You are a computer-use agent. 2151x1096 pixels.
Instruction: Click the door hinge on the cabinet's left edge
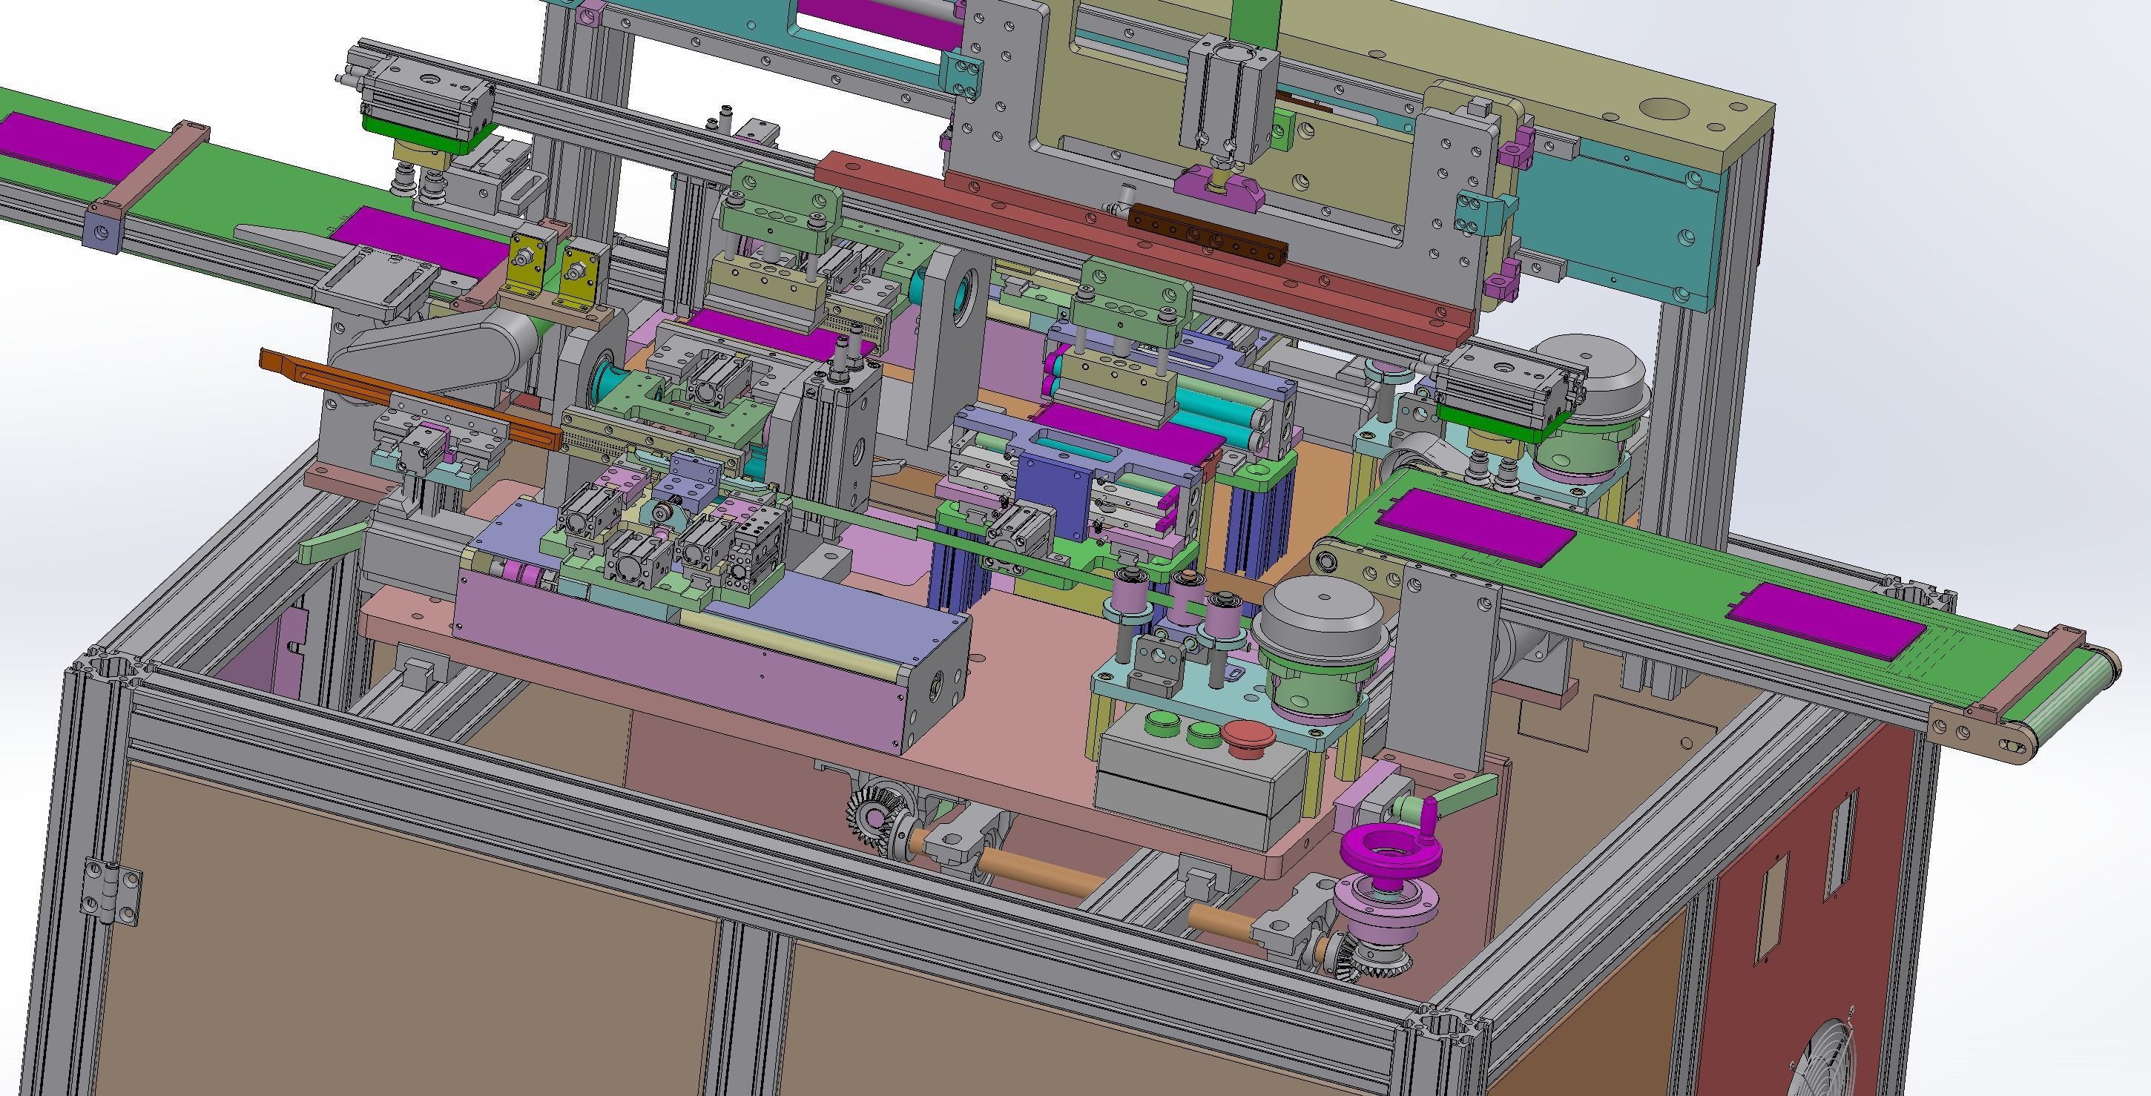pos(111,892)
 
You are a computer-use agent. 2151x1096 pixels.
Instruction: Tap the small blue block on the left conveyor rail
pos(104,233)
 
